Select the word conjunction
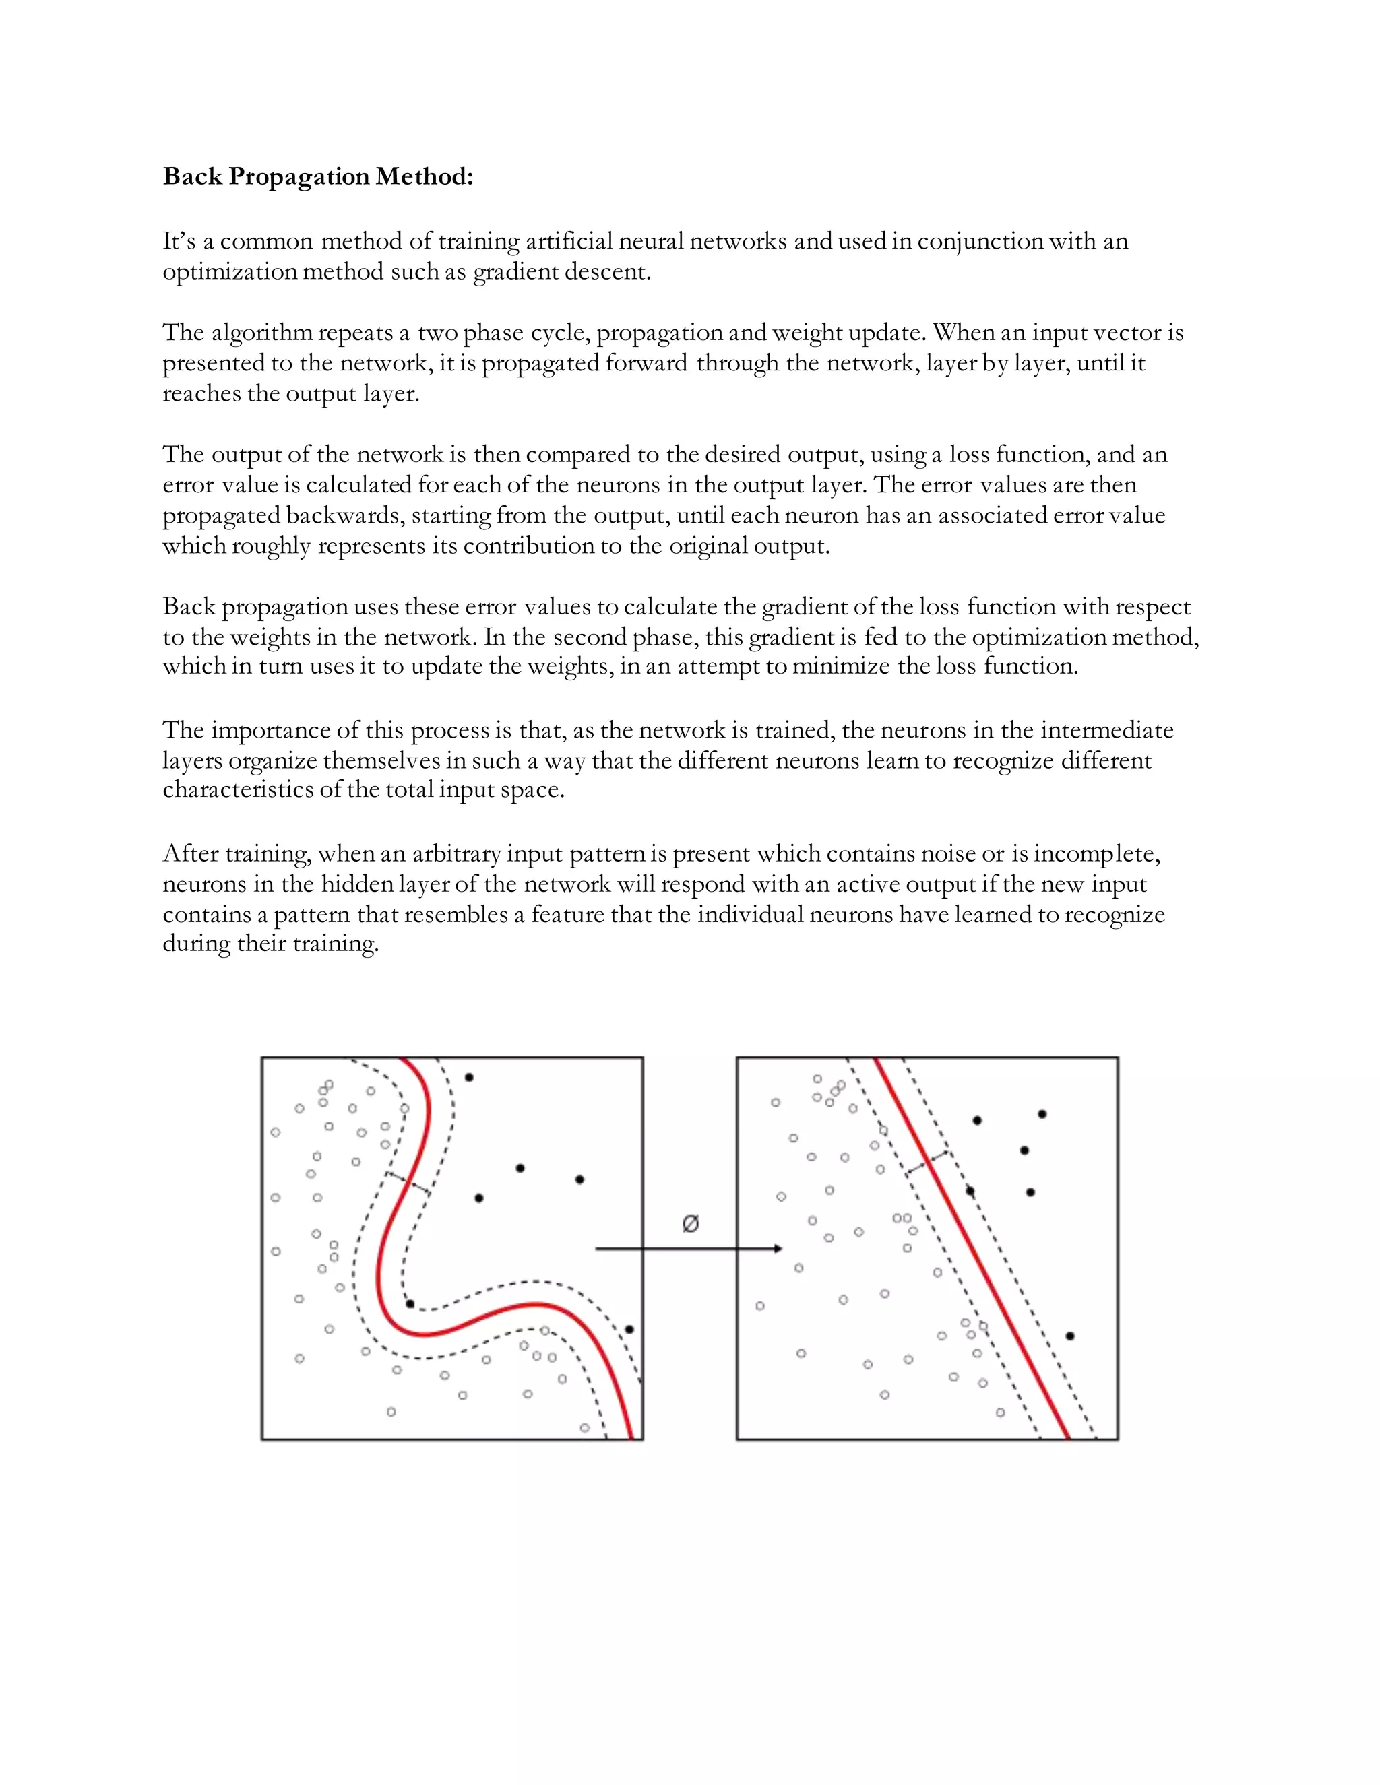(x=979, y=242)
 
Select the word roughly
(x=272, y=546)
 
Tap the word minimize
(x=840, y=666)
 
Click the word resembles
(x=456, y=915)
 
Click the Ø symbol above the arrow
(x=690, y=1223)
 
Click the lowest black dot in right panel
(x=1069, y=1336)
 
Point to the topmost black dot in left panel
(x=468, y=1077)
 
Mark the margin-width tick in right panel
(x=928, y=1164)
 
